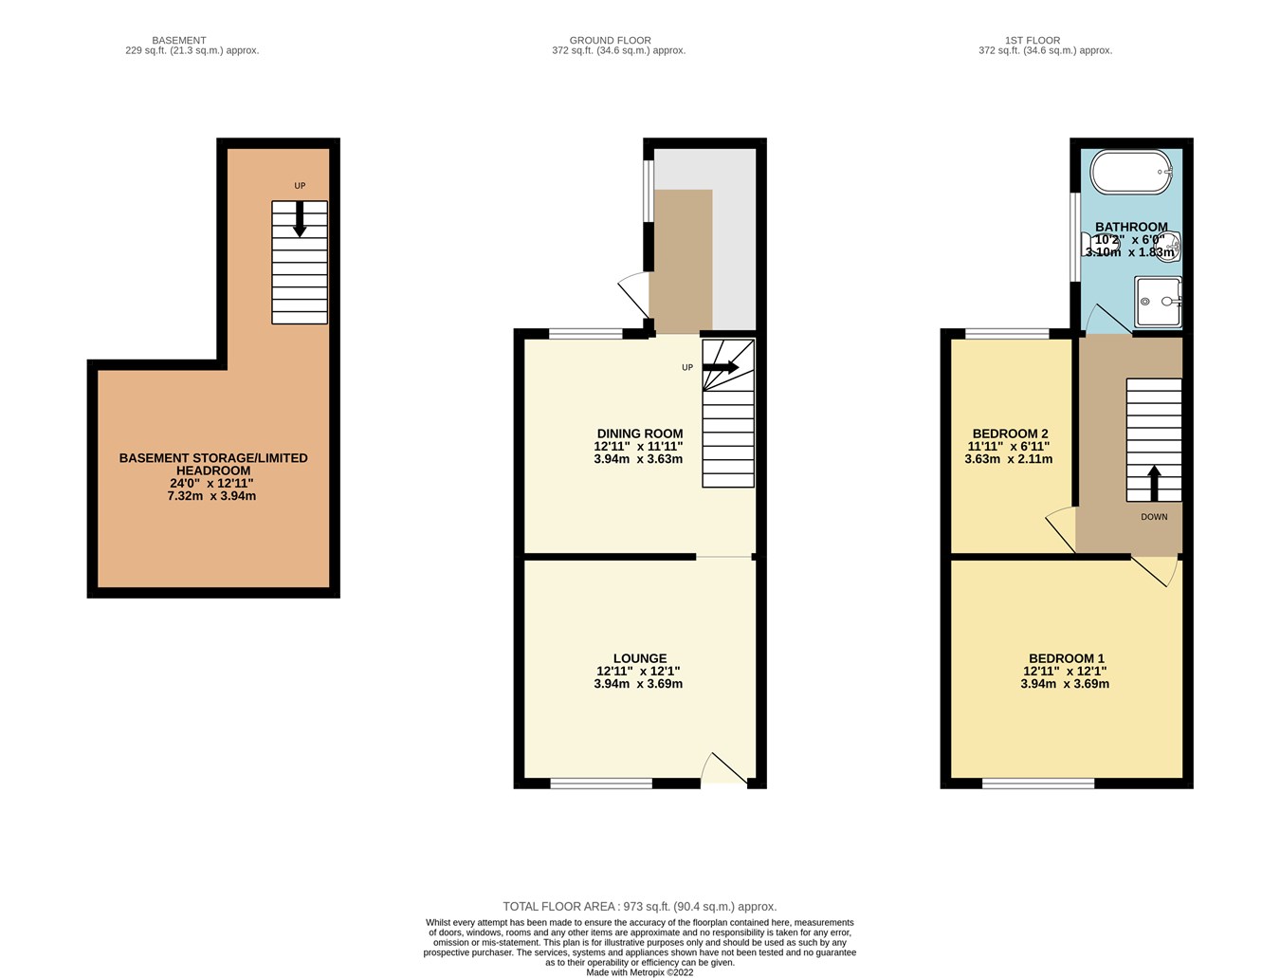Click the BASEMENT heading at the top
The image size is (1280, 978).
[x=178, y=41]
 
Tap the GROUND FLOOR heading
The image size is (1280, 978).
[x=610, y=41]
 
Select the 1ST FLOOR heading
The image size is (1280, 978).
[x=1032, y=41]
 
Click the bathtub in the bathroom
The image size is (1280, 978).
[x=1130, y=172]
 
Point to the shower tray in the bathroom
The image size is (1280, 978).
[x=1158, y=302]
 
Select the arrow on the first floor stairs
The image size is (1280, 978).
[x=1154, y=482]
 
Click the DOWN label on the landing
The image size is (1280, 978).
[x=1154, y=517]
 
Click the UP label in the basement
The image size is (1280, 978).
[x=300, y=186]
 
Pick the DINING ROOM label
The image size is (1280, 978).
[x=639, y=434]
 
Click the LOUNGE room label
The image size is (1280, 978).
[x=639, y=658]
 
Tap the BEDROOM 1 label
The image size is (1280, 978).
[x=1066, y=658]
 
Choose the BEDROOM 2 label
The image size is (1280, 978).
[x=1008, y=434]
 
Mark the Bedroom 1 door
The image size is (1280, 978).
[x=1156, y=569]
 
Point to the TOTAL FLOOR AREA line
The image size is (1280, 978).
[x=639, y=907]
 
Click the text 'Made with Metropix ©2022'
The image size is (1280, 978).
[x=639, y=972]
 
